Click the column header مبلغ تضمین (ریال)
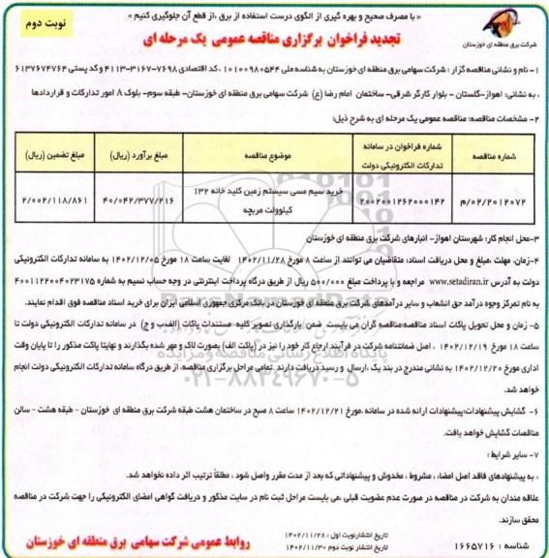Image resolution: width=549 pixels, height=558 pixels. coord(52,153)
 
